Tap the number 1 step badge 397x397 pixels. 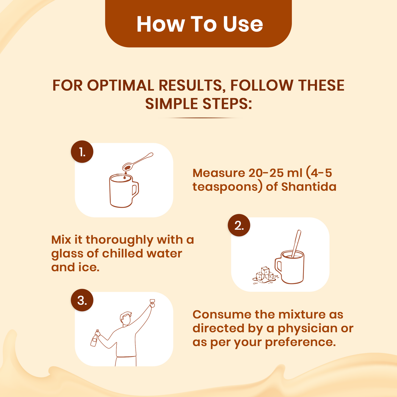pos(82,152)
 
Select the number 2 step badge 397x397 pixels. pos(239,225)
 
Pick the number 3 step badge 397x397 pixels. pos(82,300)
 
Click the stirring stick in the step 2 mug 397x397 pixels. pos(296,243)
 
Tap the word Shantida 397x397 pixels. pos(309,187)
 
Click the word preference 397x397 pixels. pos(300,343)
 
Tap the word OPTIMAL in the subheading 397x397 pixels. pos(121,85)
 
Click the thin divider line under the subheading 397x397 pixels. pos(198,118)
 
